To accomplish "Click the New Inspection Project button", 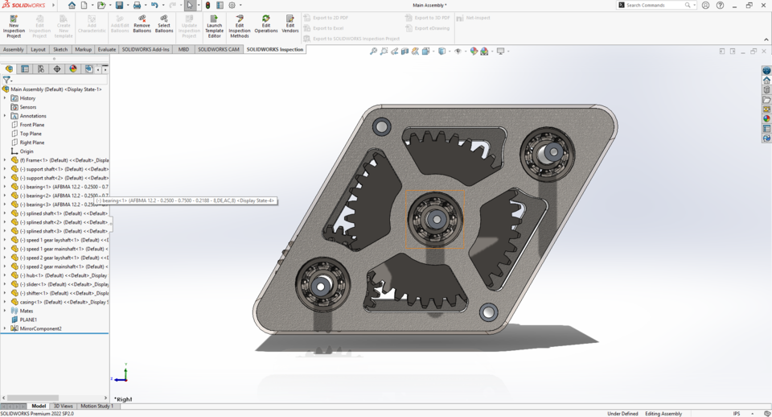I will (x=14, y=26).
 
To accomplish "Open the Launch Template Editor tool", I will (x=214, y=26).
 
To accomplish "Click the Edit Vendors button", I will (x=290, y=24).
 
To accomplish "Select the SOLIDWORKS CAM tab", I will (x=219, y=49).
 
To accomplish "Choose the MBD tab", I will (x=183, y=49).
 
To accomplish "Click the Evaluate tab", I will (x=107, y=49).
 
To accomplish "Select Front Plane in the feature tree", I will (x=32, y=125).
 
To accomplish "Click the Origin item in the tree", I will (x=27, y=151).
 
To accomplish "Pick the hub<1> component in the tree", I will (x=64, y=275).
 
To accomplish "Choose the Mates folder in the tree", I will (x=27, y=311).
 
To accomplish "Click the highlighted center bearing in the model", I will (x=434, y=218).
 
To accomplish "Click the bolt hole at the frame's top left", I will (x=381, y=126).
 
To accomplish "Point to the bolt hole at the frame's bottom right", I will (x=488, y=312).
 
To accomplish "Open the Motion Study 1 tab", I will (x=96, y=406).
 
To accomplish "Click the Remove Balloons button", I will (x=142, y=26).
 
